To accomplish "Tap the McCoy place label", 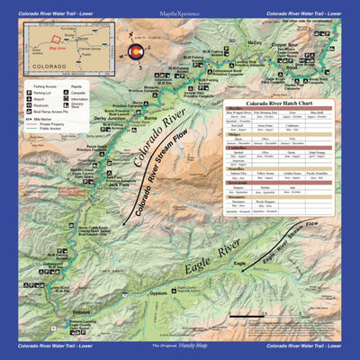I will click(256, 41).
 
